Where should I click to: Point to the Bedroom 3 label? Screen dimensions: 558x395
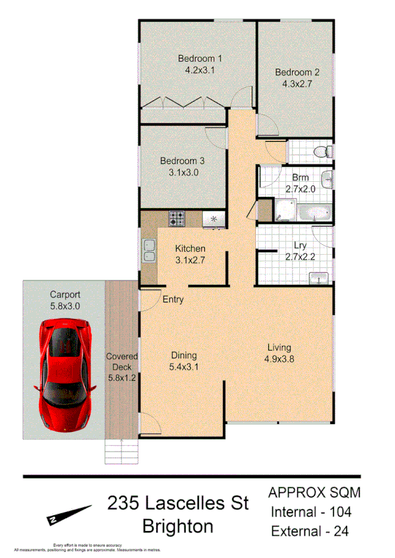pos(182,160)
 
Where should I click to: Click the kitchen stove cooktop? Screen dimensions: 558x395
pos(177,218)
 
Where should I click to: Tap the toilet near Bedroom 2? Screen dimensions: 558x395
pos(322,152)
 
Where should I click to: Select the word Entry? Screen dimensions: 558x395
pos(173,300)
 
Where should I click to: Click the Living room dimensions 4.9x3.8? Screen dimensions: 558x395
pos(278,359)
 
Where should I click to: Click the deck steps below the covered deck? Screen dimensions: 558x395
pos(122,452)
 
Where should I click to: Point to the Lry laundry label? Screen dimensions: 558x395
pos(300,246)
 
